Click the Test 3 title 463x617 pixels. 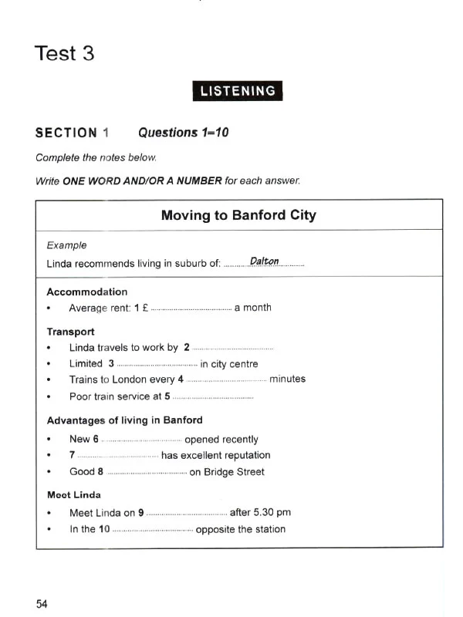point(65,54)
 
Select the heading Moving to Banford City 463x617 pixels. point(238,215)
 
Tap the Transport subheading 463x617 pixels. point(71,332)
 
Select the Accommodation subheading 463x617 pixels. point(87,292)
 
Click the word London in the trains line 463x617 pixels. point(148,379)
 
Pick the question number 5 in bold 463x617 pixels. point(167,396)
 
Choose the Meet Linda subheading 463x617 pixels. point(74,494)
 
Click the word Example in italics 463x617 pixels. point(67,245)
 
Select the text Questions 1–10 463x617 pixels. point(183,133)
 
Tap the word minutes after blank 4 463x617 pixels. point(287,379)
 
